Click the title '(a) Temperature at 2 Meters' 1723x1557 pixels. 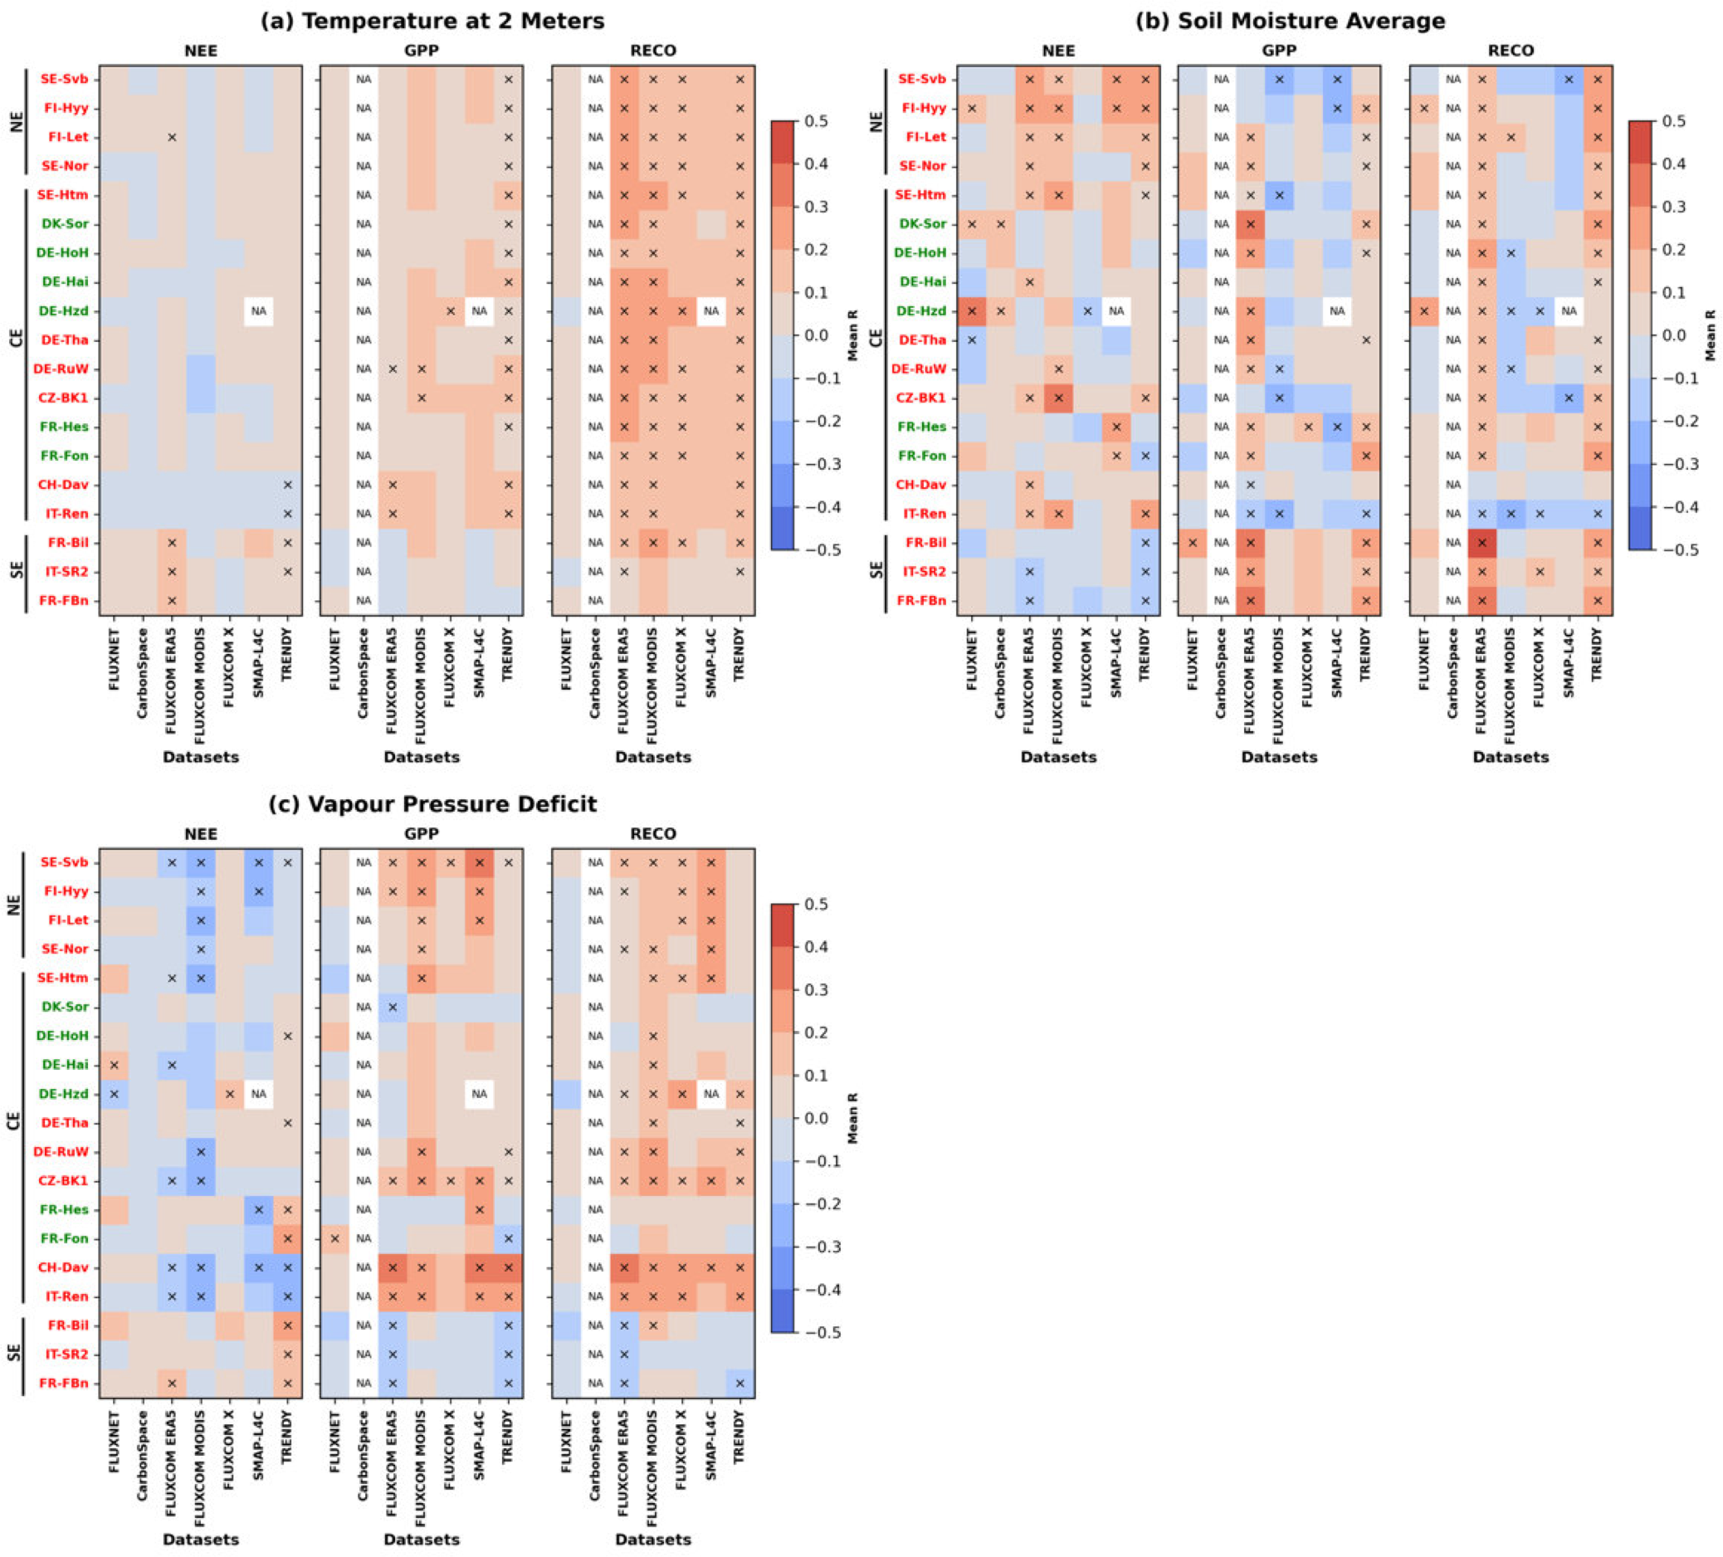click(432, 22)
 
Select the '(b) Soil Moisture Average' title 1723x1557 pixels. click(1290, 22)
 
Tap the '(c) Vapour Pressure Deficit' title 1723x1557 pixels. click(432, 804)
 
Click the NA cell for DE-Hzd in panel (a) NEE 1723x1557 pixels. click(258, 311)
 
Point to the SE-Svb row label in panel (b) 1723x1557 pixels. click(921, 80)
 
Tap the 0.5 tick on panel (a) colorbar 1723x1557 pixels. click(816, 121)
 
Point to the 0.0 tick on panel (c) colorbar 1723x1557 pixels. click(816, 1118)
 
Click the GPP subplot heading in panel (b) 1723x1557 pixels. click(1279, 51)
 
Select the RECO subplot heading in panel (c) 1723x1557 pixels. click(653, 833)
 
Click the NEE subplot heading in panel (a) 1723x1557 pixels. click(201, 51)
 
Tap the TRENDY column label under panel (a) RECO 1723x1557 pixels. click(739, 655)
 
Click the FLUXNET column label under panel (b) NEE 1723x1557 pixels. click(972, 659)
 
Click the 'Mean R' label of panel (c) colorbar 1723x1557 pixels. click(852, 1118)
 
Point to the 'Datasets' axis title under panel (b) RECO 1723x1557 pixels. click(1511, 757)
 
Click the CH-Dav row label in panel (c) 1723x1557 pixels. click(63, 1267)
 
